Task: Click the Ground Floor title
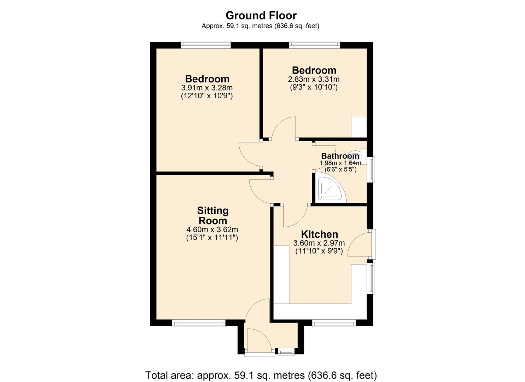261,16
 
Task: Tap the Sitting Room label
213,215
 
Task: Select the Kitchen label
319,234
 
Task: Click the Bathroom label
340,156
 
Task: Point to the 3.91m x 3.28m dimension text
207,88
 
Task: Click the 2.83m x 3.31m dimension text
314,80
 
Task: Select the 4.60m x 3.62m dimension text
212,230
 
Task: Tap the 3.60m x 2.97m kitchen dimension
319,243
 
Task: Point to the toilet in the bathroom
355,156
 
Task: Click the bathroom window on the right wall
371,169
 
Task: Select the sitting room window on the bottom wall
198,323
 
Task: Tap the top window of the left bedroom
205,45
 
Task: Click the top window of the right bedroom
314,45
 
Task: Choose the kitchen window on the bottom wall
334,323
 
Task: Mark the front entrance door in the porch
259,340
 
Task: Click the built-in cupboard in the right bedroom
358,127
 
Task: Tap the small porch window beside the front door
286,352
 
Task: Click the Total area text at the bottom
261,375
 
